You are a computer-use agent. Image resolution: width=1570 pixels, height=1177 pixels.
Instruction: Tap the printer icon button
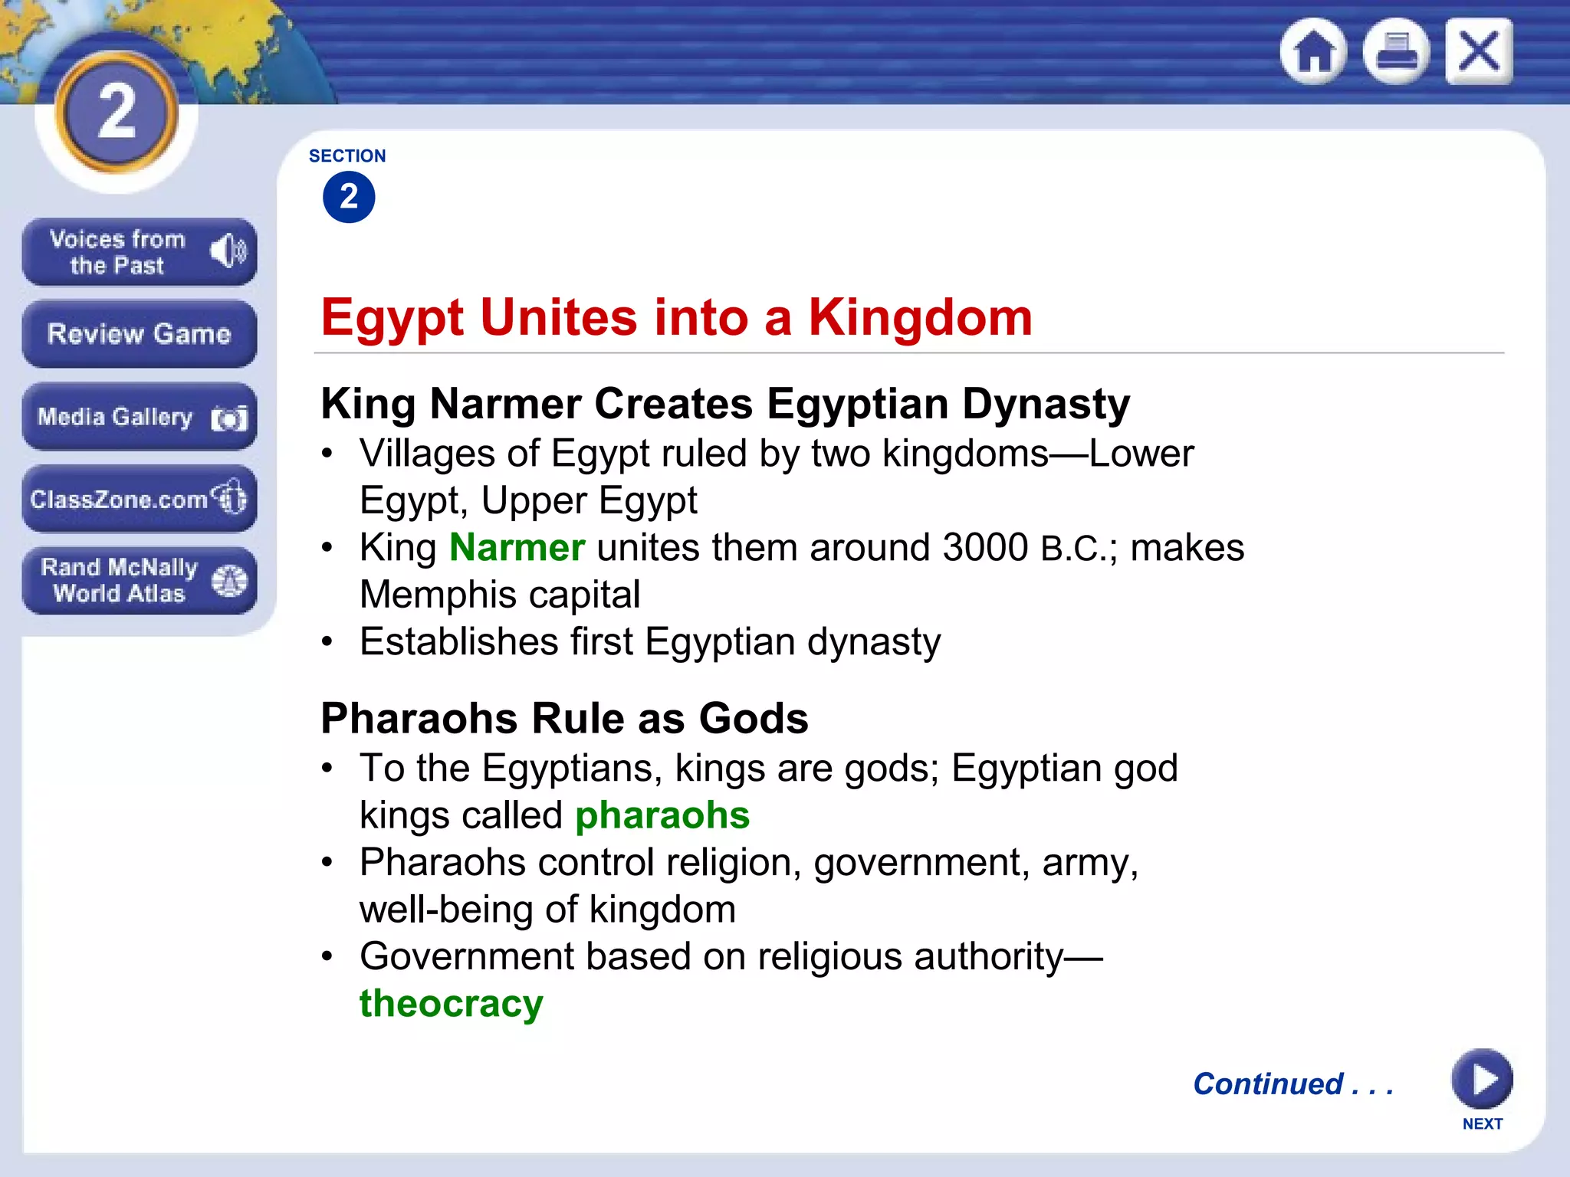1396,51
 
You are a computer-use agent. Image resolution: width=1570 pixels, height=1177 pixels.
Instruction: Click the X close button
1479,51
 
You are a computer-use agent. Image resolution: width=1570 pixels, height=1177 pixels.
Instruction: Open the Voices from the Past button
139,252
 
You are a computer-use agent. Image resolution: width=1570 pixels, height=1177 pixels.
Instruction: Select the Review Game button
139,334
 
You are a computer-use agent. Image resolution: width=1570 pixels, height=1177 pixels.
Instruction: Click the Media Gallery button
139,417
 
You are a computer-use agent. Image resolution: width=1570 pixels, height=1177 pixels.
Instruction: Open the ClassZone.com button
139,499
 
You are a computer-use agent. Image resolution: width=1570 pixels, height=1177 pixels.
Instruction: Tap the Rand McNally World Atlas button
139,580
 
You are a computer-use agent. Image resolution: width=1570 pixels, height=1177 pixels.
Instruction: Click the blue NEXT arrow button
1482,1079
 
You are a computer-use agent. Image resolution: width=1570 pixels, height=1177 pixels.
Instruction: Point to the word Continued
1269,1084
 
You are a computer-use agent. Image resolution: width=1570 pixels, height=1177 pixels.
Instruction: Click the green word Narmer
517,548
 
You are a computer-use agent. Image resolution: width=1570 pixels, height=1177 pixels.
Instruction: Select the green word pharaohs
662,815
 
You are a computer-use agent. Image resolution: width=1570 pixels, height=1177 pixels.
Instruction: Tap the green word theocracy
452,1003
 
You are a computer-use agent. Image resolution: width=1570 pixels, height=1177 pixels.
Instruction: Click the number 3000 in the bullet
986,548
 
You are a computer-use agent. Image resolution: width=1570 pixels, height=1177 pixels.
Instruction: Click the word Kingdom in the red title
921,317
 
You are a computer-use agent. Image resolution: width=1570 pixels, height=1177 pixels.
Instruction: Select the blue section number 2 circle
349,197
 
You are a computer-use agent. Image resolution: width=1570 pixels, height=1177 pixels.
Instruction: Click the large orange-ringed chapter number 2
117,113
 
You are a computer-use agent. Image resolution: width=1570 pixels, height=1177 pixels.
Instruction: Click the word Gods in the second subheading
754,719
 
